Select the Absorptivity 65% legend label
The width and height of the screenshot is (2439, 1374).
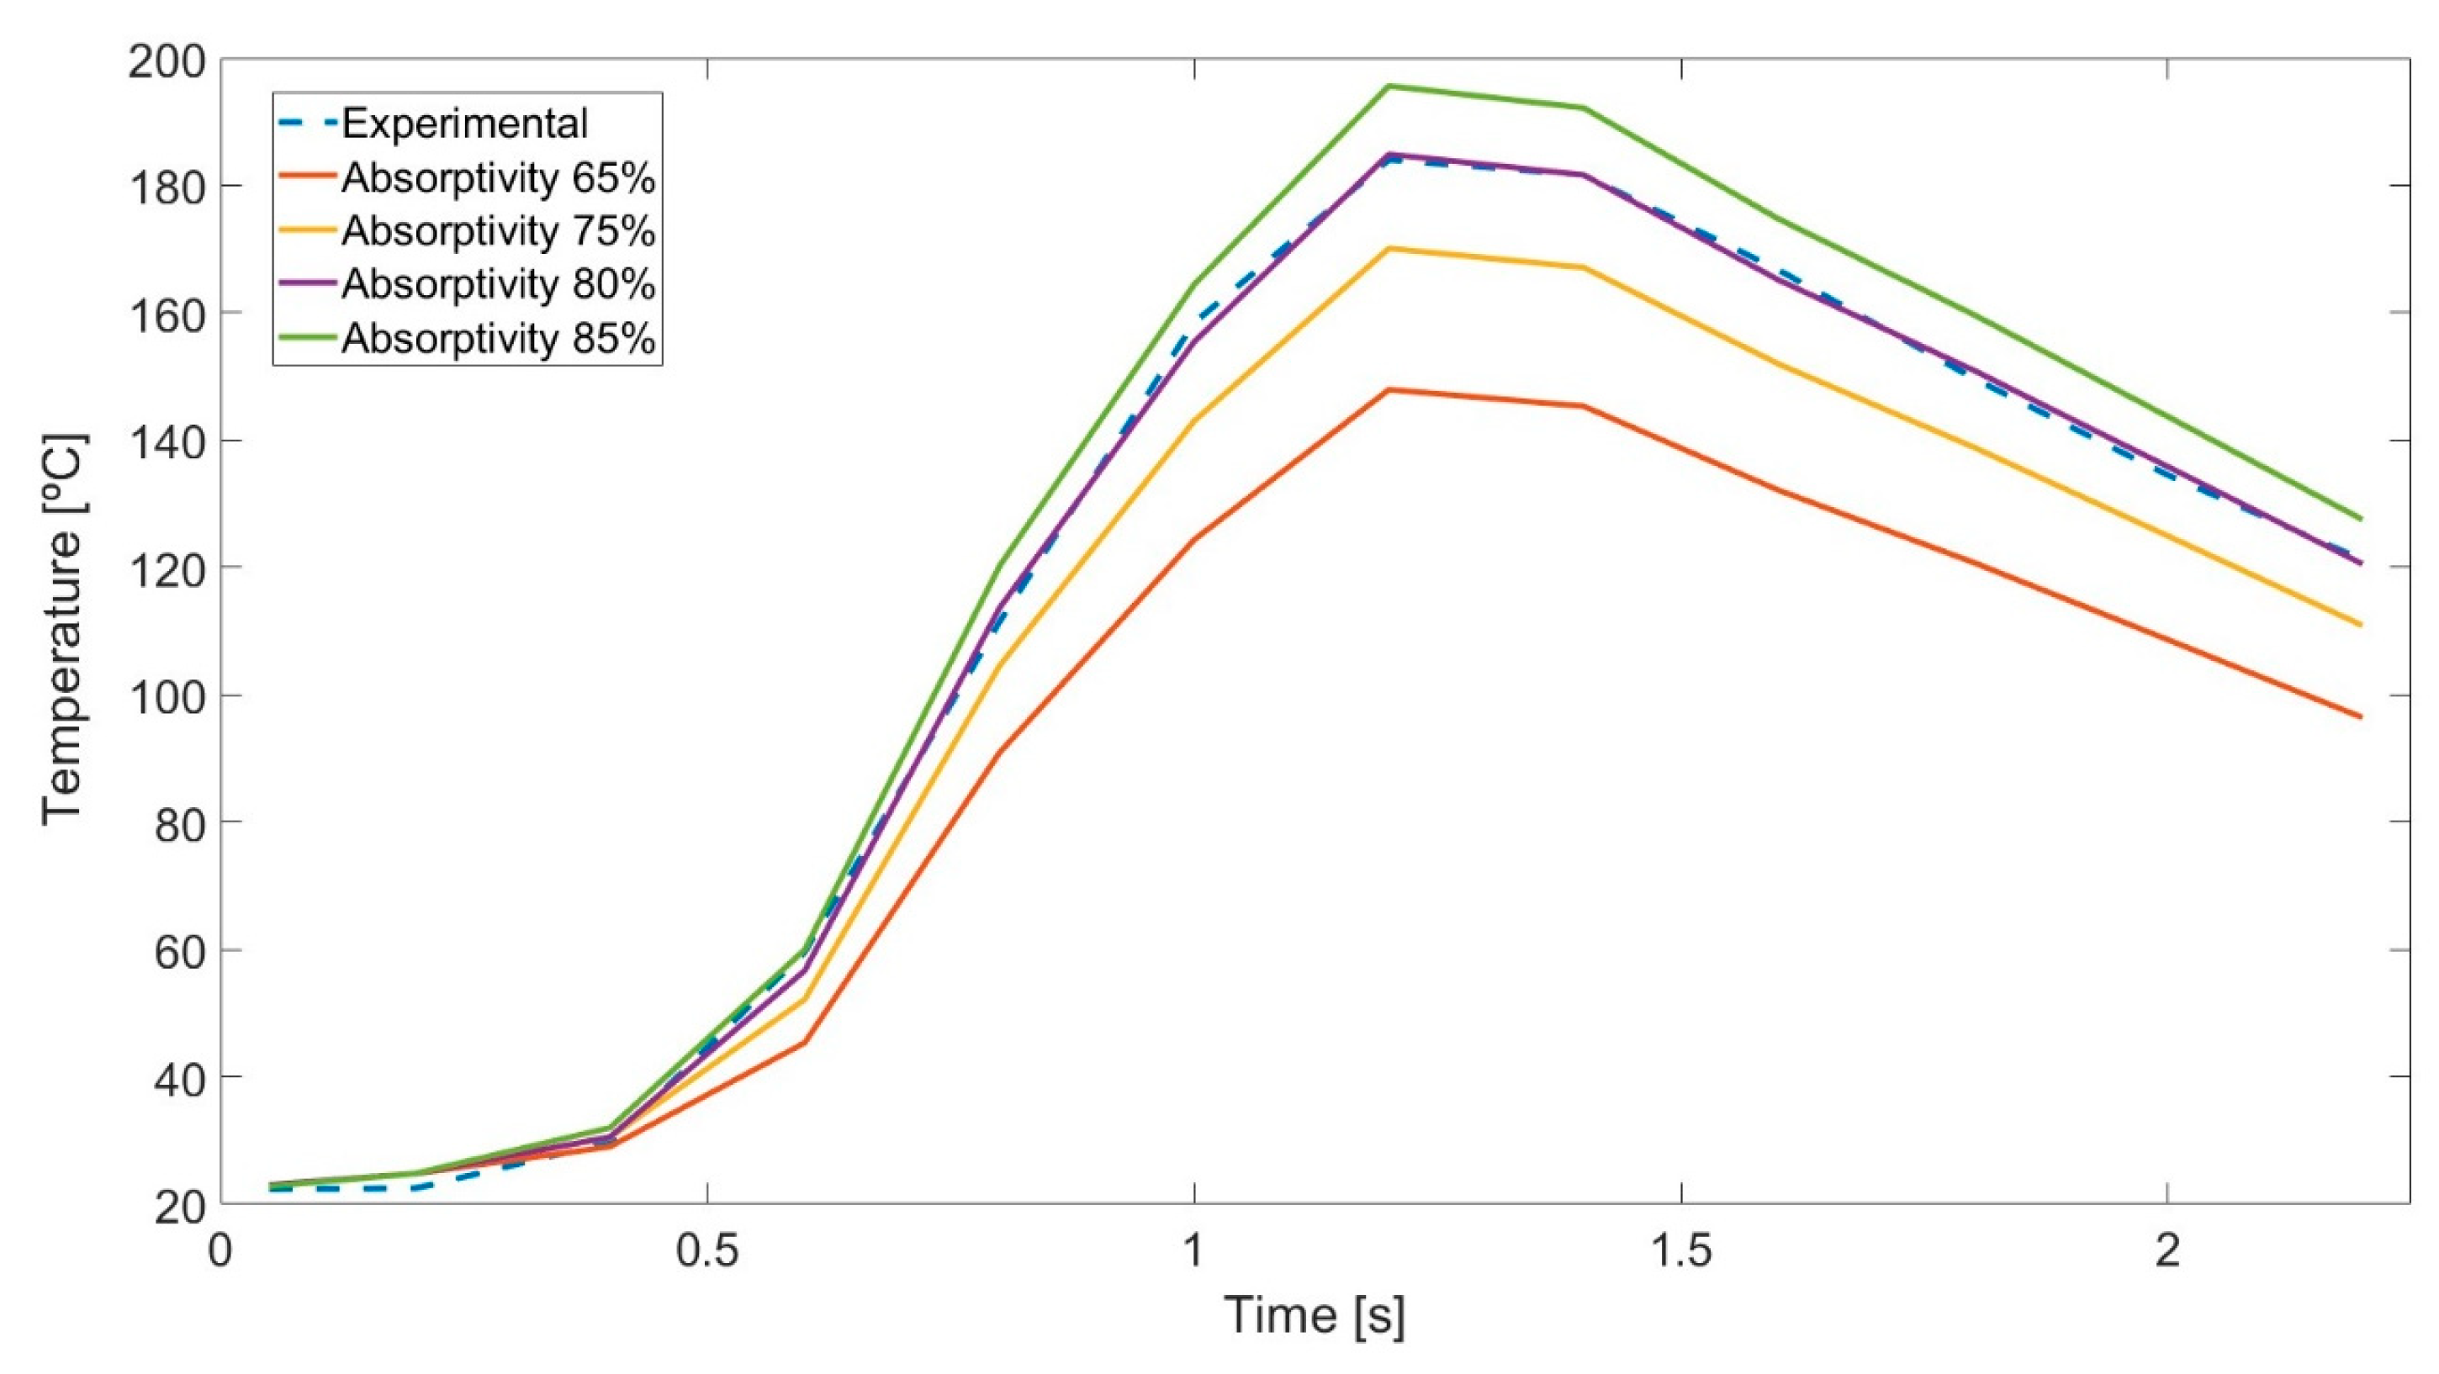pos(498,177)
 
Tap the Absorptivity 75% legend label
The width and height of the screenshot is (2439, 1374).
pos(498,230)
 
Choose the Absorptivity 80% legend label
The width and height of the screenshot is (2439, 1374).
pos(498,283)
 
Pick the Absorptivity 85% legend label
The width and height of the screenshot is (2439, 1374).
pos(498,337)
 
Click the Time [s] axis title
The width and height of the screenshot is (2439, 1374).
pos(1315,1314)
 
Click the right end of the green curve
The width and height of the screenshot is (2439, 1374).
pos(2362,519)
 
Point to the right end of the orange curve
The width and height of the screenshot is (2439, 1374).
pos(2362,716)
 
